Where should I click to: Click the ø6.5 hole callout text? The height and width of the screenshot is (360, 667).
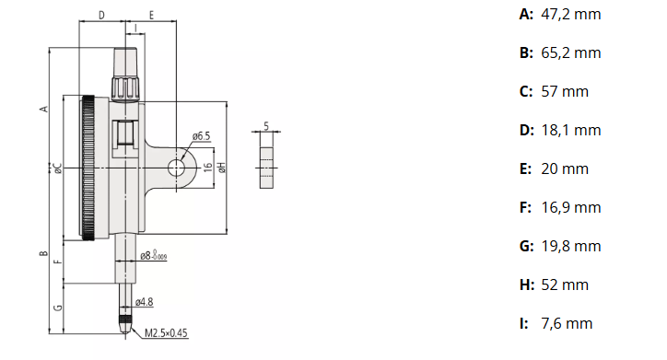point(201,136)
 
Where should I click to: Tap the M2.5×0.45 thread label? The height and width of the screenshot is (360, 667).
point(166,332)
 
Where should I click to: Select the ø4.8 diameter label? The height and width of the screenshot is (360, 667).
point(145,302)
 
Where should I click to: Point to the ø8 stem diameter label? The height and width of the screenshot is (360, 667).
point(154,255)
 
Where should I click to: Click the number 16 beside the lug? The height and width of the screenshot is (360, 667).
point(207,167)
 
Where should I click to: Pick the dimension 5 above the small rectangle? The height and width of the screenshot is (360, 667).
point(266,126)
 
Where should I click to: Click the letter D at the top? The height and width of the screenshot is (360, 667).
point(101,16)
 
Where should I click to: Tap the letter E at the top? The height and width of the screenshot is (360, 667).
point(151,16)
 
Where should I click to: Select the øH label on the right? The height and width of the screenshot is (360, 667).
point(222,167)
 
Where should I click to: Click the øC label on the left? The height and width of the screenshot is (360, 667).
point(58,168)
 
